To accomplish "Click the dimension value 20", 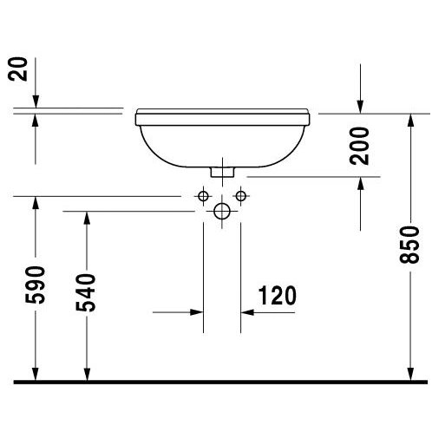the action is pos(17,69).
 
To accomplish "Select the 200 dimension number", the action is pos(359,146).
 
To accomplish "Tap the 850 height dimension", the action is pos(409,245).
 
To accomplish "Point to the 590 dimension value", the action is pos(36,285).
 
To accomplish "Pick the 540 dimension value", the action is pos(86,292).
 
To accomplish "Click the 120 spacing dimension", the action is pos(278,296).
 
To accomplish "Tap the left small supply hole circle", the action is pos(203,196).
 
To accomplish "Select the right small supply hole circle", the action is pos(240,196).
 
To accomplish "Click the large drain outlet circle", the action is pos(222,211).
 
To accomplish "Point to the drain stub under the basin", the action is pos(222,172).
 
